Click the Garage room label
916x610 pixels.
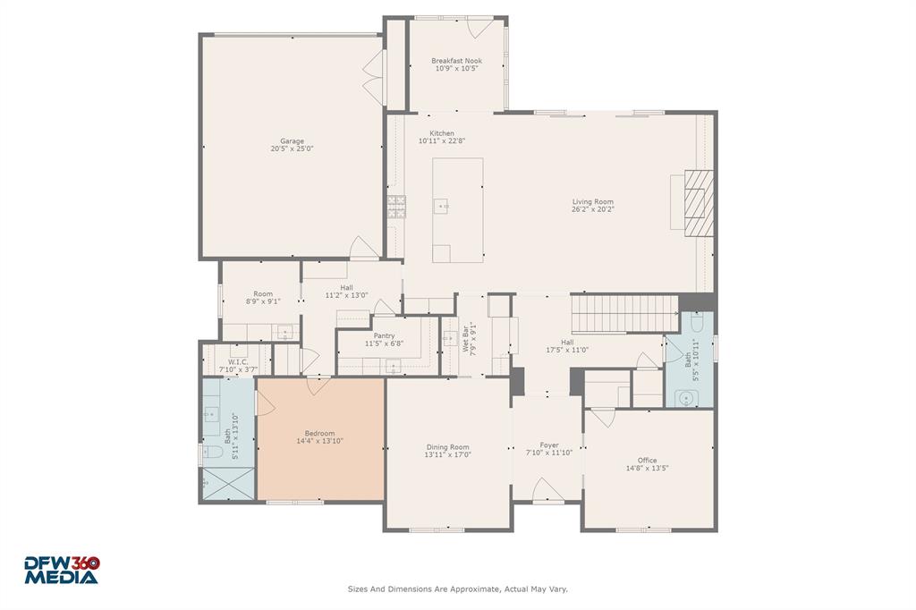pos(292,140)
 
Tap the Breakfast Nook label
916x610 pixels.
pos(456,61)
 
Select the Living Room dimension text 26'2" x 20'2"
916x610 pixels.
pos(593,209)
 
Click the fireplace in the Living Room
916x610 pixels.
pos(700,202)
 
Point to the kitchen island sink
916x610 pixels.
pos(441,207)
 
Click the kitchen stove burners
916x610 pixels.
pos(395,207)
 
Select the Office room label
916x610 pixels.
pos(647,461)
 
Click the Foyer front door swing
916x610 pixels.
pos(547,490)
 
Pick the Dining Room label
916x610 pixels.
pos(447,447)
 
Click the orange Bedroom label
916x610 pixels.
pos(319,433)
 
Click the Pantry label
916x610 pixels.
pos(385,335)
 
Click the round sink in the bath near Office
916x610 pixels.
pos(688,398)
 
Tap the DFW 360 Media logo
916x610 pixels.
pos(61,570)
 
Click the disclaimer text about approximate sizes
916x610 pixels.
pos(457,589)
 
